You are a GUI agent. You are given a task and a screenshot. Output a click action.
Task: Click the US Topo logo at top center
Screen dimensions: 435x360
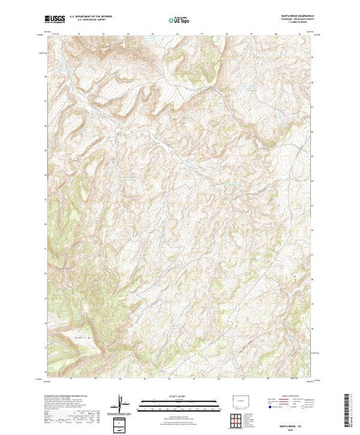click(x=179, y=21)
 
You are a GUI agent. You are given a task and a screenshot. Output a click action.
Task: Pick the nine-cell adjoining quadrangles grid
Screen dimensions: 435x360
click(x=238, y=419)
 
